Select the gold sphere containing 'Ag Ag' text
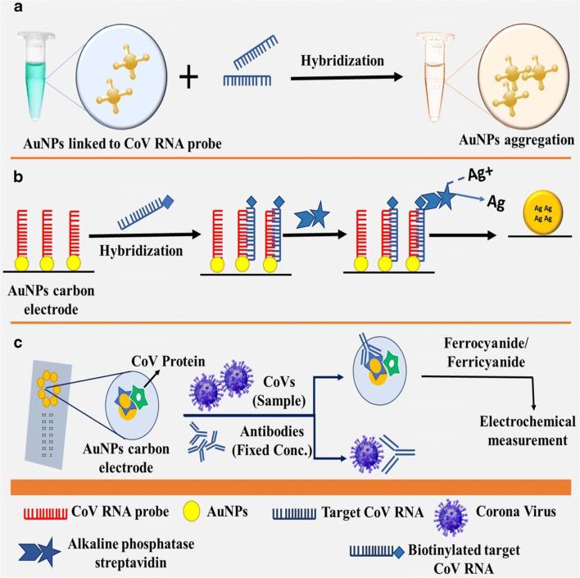pos(538,245)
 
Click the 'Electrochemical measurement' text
pos(506,432)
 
